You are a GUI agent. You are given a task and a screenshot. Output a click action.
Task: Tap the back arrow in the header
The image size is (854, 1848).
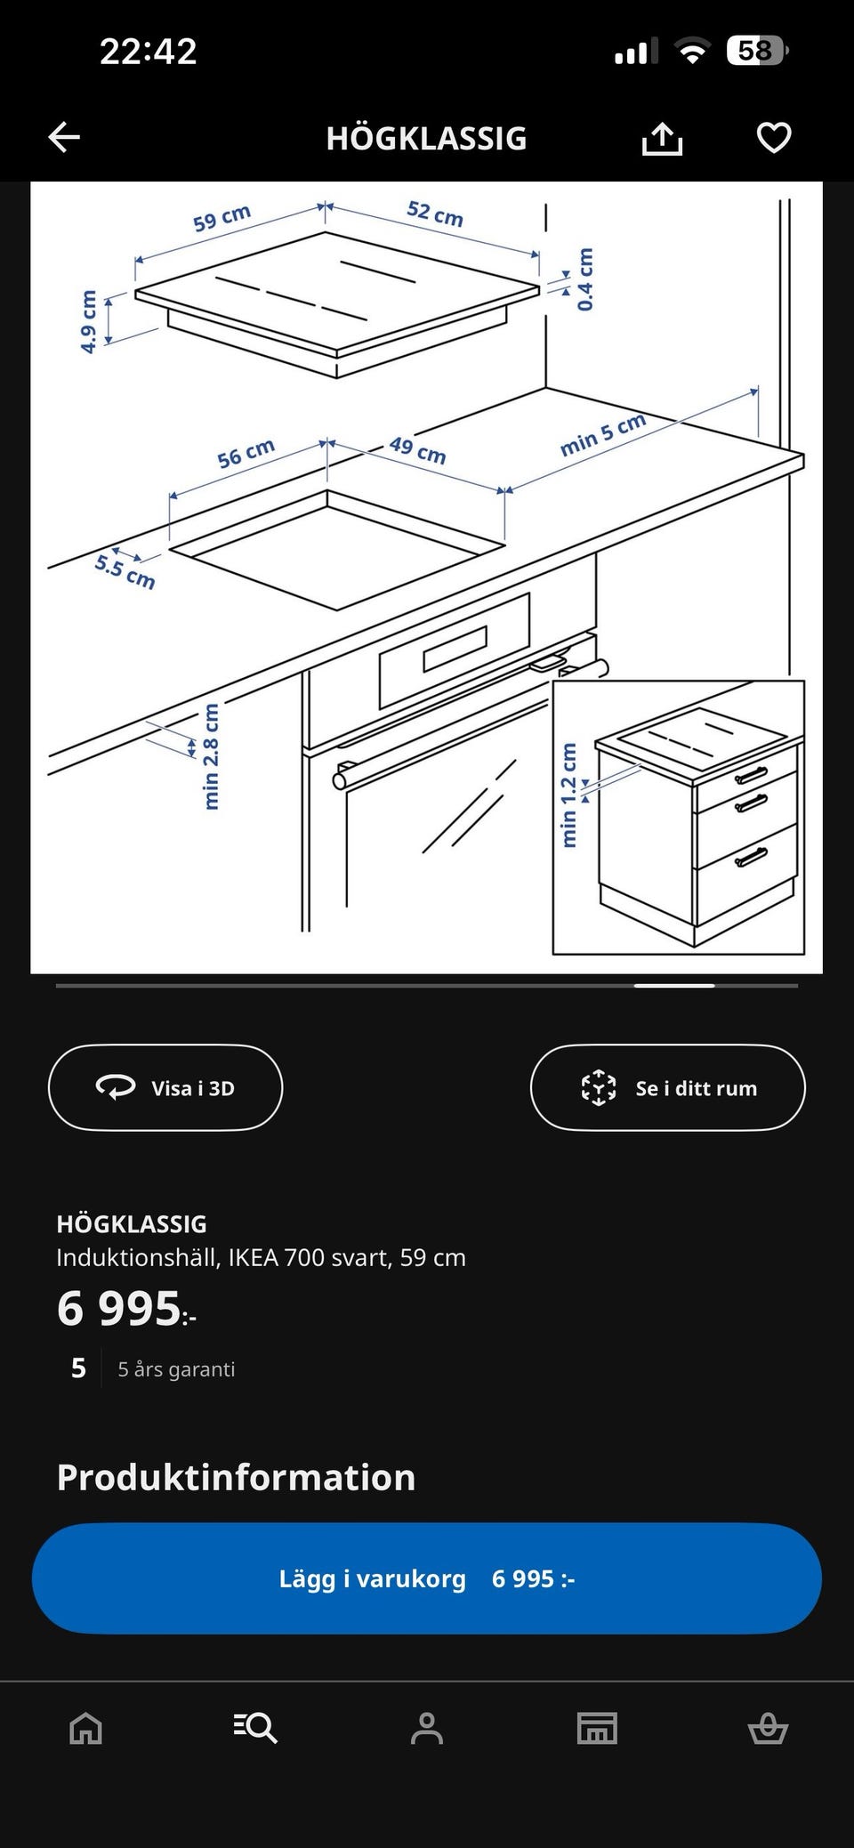pos(64,138)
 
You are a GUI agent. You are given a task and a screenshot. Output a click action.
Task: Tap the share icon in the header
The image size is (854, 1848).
pos(662,138)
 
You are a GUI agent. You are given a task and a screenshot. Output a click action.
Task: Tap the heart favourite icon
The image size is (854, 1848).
pos(773,138)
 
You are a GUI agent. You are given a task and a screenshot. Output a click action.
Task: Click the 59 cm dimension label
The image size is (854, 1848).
pos(222,218)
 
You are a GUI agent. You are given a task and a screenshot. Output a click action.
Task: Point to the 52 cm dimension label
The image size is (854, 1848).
pos(435,214)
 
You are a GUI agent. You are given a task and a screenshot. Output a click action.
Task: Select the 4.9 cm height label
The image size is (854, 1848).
pos(88,321)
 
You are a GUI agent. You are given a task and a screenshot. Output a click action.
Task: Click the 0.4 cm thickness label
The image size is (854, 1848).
pos(584,279)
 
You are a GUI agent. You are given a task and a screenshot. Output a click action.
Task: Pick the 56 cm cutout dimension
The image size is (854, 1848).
pos(246,454)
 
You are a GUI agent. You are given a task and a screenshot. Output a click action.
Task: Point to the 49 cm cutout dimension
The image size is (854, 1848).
pos(417,449)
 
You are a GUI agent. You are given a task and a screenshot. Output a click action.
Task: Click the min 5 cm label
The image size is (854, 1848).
pos(602,434)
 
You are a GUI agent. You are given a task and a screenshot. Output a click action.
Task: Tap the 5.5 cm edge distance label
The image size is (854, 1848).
pos(125,571)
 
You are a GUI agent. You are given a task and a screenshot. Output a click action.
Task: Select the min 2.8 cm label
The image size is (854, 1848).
pos(211,756)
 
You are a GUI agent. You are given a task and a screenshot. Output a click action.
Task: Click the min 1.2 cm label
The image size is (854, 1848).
pos(569,795)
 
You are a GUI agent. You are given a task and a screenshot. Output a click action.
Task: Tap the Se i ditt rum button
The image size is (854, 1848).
pos(667,1087)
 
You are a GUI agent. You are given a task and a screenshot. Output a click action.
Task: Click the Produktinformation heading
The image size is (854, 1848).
pos(236,1477)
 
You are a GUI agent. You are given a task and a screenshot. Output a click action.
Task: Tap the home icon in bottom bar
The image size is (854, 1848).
pos(86,1728)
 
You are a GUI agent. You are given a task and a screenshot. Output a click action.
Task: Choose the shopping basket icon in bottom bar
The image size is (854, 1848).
pos(768,1728)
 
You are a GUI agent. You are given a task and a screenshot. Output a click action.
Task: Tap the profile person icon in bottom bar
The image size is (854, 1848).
pos(427,1728)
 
